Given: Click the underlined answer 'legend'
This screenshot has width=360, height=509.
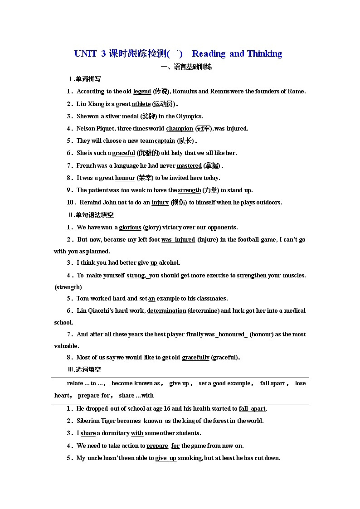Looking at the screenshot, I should click(142, 92).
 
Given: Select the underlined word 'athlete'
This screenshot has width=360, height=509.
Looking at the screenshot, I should click(141, 104).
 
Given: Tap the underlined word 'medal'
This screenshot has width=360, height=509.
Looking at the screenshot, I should click(130, 116).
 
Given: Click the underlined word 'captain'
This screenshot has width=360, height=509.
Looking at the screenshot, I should click(165, 141).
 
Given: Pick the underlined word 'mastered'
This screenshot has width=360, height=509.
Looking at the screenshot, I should click(189, 166).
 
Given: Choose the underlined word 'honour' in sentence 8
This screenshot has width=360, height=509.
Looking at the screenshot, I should click(125, 178).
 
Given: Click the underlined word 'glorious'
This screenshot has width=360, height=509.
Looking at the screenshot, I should click(130, 228).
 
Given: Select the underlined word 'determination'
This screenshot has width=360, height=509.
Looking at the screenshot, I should click(166, 311).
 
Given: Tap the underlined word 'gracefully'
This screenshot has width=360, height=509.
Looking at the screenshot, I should click(195, 358).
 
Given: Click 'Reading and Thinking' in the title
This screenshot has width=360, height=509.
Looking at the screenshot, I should click(237, 54).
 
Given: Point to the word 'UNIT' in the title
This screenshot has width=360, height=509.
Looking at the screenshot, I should click(86, 54).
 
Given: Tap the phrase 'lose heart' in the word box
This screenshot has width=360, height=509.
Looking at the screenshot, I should click(300, 383).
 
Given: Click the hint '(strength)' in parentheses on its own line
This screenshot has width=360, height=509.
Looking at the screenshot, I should click(68, 287).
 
